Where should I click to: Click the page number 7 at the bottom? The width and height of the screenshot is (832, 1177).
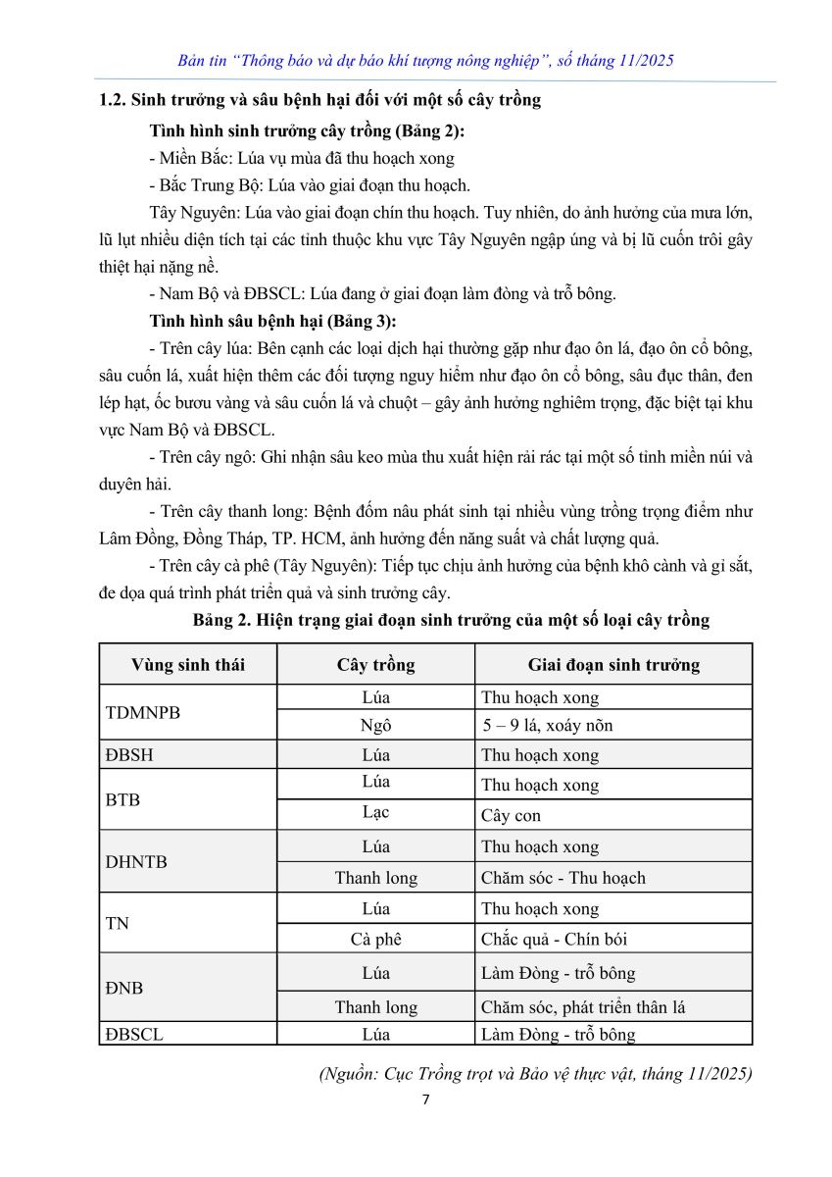425,1100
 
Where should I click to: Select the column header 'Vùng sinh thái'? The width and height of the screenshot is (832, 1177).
188,665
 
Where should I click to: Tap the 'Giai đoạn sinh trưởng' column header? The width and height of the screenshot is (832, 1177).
613,665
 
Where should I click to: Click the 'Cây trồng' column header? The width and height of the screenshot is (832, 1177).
375,665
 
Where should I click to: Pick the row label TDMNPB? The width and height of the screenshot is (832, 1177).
142,712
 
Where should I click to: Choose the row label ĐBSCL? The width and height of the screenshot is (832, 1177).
134,1034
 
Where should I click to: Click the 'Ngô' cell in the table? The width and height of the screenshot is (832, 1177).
375,727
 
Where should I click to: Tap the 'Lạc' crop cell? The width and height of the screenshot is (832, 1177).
375,813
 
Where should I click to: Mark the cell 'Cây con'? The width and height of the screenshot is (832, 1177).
511,816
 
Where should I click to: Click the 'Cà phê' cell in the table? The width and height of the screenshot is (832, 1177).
375,939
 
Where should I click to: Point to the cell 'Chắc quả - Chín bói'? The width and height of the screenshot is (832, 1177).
554,939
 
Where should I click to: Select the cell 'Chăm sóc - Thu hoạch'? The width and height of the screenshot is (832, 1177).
563,878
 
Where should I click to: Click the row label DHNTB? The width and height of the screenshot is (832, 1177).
136,862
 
